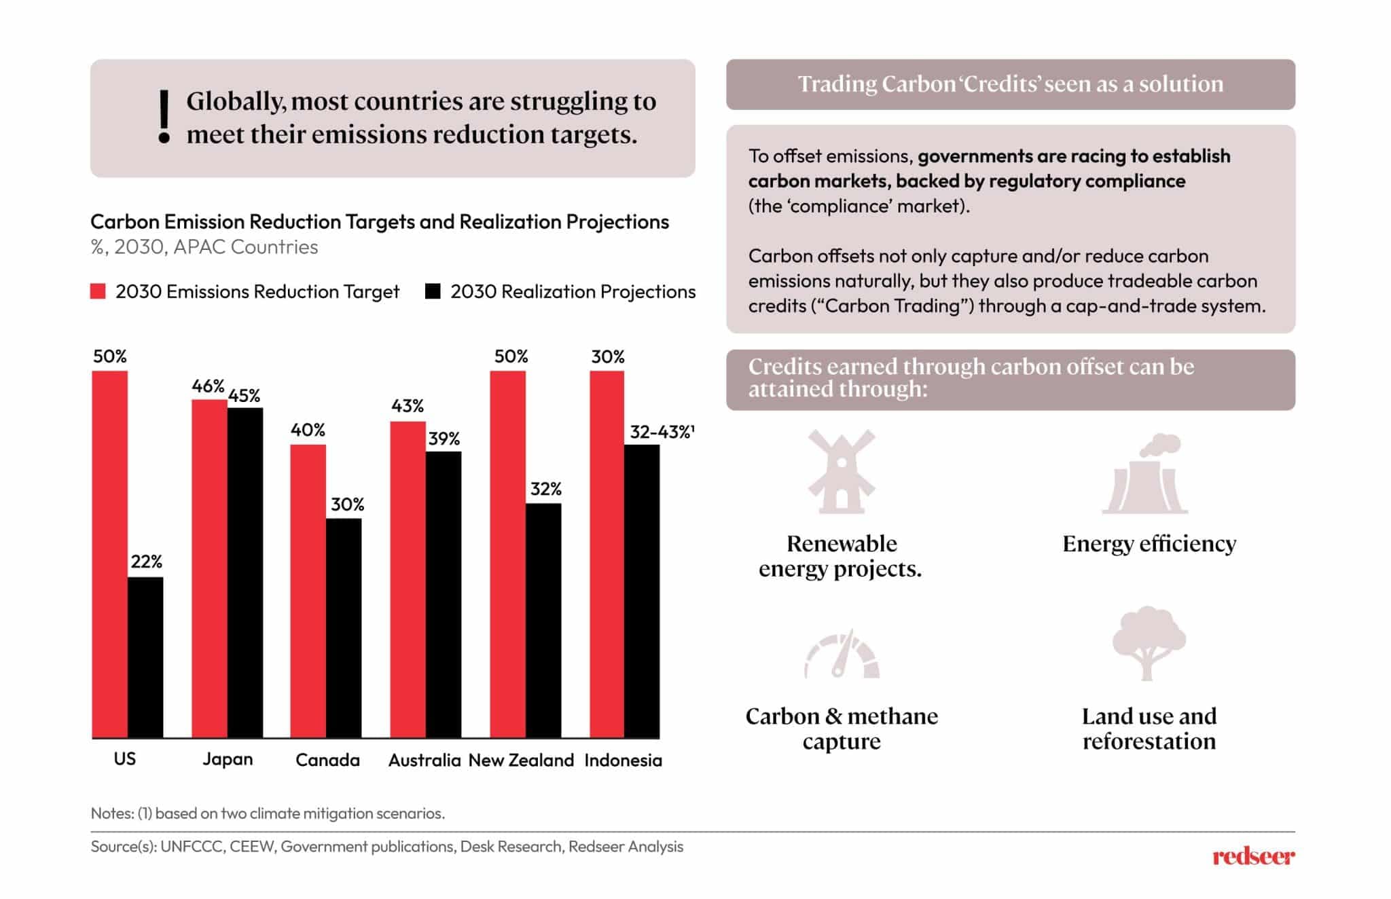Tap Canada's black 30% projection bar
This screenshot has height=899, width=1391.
click(x=344, y=627)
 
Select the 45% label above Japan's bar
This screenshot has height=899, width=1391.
click(x=245, y=396)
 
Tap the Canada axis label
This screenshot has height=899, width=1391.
click(x=327, y=760)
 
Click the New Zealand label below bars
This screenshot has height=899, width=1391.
click(x=521, y=760)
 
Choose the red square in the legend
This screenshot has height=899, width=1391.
click(x=98, y=292)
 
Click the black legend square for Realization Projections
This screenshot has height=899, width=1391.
click(x=433, y=292)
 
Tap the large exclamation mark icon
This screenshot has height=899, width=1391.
click(x=164, y=117)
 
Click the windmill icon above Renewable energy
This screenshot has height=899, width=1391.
click(x=841, y=471)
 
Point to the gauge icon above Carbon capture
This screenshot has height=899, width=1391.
click(x=842, y=656)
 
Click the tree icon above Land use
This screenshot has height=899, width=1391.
click(x=1149, y=642)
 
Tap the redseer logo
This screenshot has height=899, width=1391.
click(x=1253, y=857)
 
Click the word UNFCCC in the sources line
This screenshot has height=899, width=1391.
click(x=192, y=847)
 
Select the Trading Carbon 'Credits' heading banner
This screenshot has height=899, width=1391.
click(x=1010, y=85)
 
